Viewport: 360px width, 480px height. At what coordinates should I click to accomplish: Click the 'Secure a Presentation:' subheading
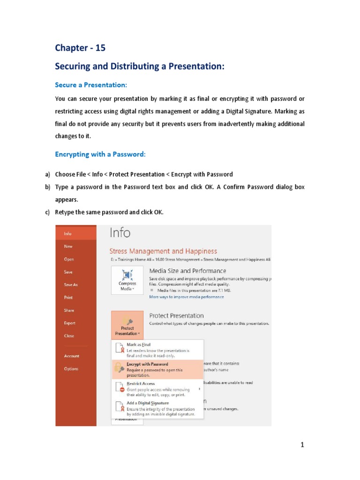(x=91, y=85)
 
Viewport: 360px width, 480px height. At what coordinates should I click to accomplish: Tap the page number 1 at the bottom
(x=303, y=445)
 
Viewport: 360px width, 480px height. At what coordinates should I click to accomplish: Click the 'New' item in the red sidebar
(x=68, y=246)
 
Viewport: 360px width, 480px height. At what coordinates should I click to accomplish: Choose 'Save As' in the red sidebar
(x=71, y=285)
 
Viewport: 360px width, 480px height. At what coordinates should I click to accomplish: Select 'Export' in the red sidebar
(x=70, y=323)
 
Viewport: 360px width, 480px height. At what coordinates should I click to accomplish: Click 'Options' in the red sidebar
(x=71, y=369)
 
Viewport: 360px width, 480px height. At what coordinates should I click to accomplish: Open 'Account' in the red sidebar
(x=72, y=356)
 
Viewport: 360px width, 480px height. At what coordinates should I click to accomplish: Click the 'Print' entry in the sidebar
(x=68, y=297)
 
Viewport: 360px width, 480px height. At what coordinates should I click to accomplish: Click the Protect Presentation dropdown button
(x=127, y=325)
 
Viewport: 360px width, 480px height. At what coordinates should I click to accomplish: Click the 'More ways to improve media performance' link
(x=186, y=297)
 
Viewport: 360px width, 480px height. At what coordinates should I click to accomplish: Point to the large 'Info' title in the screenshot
(x=120, y=233)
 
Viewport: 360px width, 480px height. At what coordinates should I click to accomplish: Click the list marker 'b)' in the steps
(x=47, y=187)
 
